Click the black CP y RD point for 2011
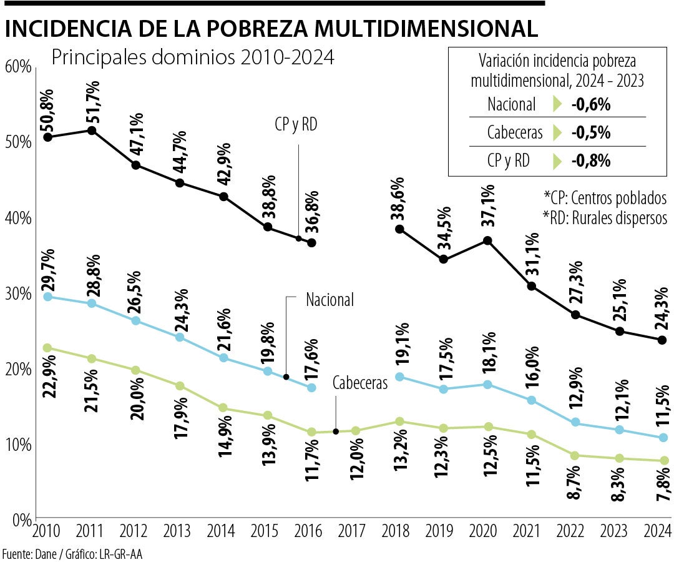tap(92, 131)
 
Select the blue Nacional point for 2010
tap(47, 297)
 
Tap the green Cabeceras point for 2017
tap(356, 431)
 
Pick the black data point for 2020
tap(487, 240)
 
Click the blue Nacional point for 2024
tap(663, 438)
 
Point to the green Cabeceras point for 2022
tap(575, 455)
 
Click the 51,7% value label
tap(92, 101)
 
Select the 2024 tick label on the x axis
tap(657, 532)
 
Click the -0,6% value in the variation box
tap(590, 104)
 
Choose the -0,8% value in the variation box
tap(590, 161)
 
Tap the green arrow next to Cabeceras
tap(557, 133)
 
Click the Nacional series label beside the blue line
tap(330, 300)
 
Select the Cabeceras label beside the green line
tap(360, 383)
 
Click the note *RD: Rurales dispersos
tap(605, 217)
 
